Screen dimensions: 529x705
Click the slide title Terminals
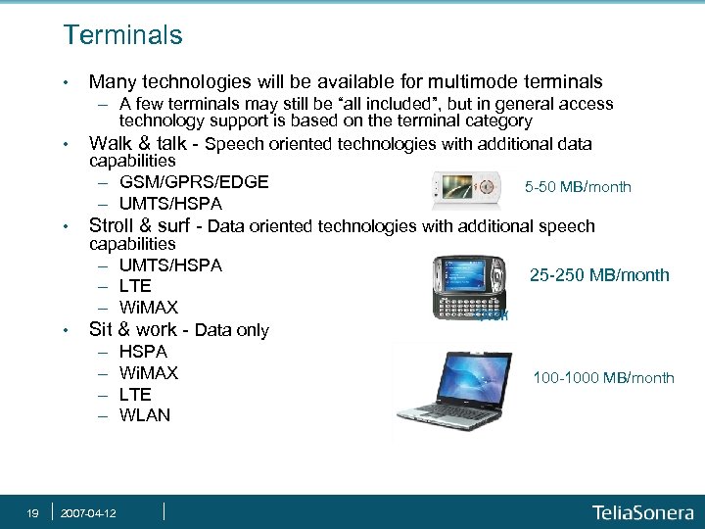pos(122,36)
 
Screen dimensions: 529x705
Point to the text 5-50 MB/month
pos(578,187)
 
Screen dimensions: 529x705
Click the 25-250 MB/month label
pos(599,275)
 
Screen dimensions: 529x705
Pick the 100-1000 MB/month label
pos(603,378)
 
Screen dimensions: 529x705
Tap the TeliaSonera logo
pos(641,512)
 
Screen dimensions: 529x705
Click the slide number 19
pos(32,512)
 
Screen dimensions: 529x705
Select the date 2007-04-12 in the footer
pos(88,512)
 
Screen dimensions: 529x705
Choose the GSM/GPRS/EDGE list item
pos(194,182)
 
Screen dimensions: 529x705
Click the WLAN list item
pos(144,415)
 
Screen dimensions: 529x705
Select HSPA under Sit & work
pos(143,351)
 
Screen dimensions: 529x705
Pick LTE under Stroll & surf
pos(135,286)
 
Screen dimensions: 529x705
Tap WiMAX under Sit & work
pos(148,372)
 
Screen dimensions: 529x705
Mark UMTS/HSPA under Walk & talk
pos(170,204)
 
